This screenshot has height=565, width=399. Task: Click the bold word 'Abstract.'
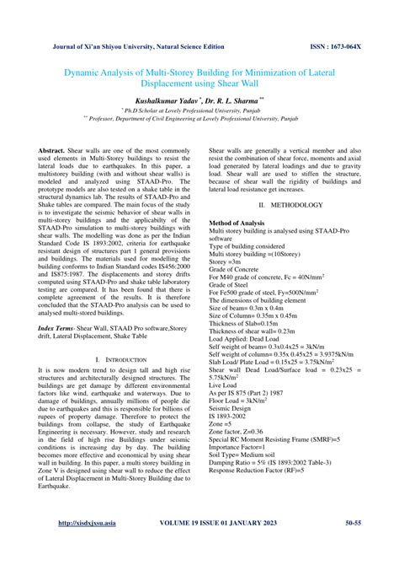tap(54, 148)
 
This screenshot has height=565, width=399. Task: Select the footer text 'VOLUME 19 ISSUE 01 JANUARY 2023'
tap(225, 546)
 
